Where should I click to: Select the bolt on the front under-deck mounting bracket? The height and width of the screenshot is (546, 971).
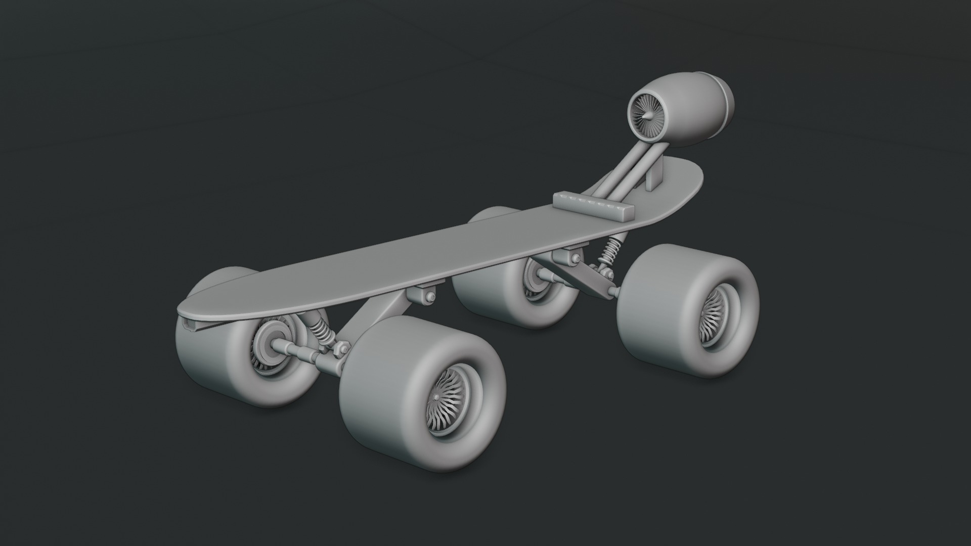coord(429,297)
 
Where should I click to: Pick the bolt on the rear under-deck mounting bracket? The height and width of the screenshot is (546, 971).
coord(575,259)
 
